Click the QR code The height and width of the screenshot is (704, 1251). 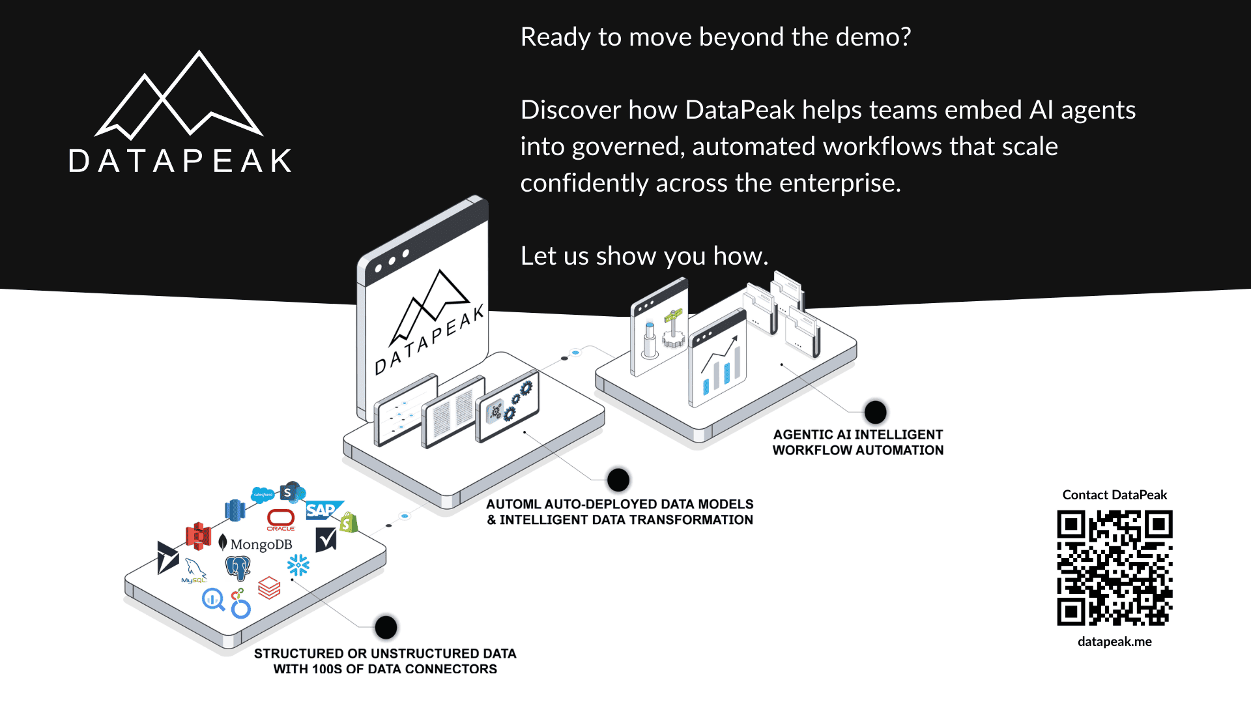coord(1114,568)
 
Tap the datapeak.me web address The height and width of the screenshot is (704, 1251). coord(1114,641)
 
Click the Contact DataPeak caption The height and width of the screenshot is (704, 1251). coord(1114,495)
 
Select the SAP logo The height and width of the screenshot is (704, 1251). coord(321,510)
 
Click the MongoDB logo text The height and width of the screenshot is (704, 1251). coord(261,544)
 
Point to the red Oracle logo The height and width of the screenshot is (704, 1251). coord(281,519)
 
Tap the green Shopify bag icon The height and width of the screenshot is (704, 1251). coord(349,522)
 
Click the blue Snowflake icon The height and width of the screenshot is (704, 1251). coord(298,565)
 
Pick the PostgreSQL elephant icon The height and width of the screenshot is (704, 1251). coord(238,568)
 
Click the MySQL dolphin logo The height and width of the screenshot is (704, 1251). coord(194,570)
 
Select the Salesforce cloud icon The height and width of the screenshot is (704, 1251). coord(263,495)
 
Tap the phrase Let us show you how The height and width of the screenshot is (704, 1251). coord(644,256)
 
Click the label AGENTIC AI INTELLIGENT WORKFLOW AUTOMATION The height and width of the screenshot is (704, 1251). coord(857,443)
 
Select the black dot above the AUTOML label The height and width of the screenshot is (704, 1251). coord(618,480)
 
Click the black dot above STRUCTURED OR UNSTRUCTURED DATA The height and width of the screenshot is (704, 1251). coord(386,627)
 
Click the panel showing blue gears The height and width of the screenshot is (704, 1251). coord(508,407)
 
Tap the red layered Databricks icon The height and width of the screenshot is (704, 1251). coord(269,587)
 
